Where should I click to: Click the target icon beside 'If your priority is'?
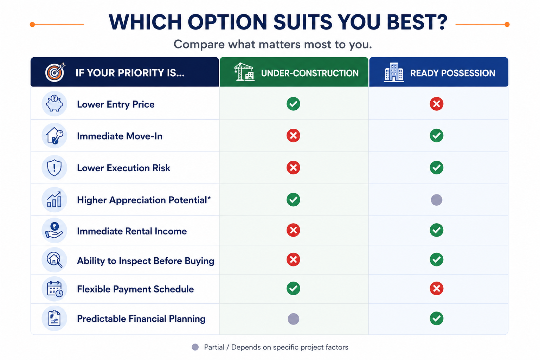point(55,72)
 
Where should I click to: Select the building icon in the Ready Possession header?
point(394,72)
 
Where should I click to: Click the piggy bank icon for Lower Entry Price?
point(54,103)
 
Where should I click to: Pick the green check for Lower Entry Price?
point(294,104)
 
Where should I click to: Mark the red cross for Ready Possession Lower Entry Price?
point(437,104)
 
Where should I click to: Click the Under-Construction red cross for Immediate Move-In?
point(294,135)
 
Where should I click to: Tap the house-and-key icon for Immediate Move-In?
point(54,135)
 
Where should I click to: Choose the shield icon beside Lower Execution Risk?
point(54,168)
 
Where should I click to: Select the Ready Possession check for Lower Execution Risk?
point(437,168)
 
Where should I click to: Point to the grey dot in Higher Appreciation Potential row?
point(437,200)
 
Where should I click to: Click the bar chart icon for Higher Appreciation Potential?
point(54,199)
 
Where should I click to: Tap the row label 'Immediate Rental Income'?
point(132,231)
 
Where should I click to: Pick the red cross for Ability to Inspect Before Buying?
point(294,259)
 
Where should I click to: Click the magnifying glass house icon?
point(54,260)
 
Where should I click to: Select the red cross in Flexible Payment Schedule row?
point(437,288)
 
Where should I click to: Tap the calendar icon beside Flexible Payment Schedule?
point(55,289)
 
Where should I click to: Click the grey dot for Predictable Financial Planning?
point(294,319)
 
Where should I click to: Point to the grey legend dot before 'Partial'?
point(195,347)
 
